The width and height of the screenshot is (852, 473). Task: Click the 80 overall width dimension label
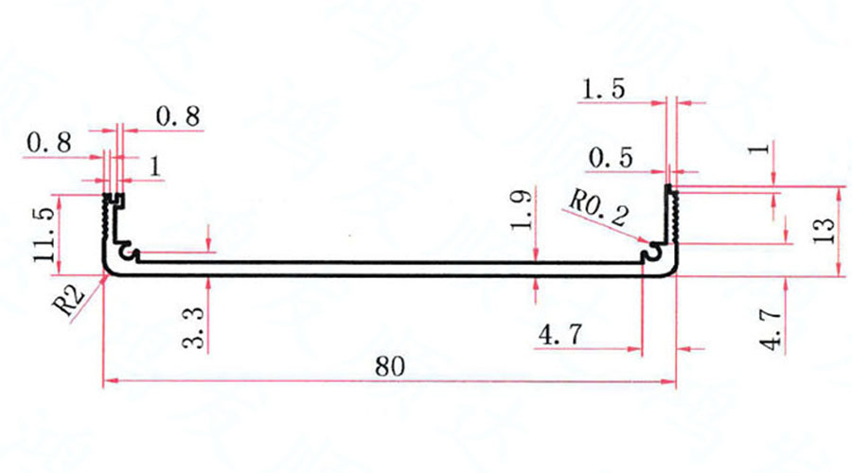click(390, 367)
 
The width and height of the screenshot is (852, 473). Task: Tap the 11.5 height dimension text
click(44, 235)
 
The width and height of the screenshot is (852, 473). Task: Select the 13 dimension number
click(824, 230)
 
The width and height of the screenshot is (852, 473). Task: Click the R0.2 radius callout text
click(597, 207)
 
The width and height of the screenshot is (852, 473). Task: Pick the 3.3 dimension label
click(194, 327)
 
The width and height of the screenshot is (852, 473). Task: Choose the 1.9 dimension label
click(521, 210)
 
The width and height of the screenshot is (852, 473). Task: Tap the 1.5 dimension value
click(603, 89)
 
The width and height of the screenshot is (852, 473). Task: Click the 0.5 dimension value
click(611, 158)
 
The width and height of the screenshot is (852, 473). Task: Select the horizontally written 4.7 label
click(560, 334)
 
